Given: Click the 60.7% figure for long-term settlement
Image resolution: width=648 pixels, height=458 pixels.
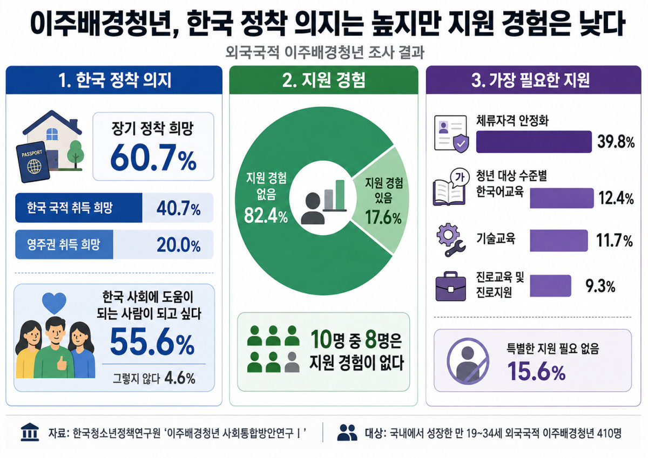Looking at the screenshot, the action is tap(153, 158).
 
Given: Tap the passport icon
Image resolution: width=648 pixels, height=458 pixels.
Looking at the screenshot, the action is tap(33, 162).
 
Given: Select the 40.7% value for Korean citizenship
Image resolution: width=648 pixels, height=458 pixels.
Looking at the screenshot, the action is tap(179, 208).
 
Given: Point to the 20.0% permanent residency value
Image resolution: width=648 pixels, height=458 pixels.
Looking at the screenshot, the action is tap(179, 245).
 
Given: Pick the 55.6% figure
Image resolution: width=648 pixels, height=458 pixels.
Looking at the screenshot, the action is tap(152, 343).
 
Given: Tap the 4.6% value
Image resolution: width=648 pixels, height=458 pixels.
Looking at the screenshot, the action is tap(180, 378).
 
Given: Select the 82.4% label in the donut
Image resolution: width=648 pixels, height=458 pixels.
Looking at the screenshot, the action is tap(266, 216).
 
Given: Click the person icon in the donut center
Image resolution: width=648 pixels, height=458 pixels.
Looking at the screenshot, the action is tap(313, 208).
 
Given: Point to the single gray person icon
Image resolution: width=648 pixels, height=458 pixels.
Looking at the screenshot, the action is tap(292, 362).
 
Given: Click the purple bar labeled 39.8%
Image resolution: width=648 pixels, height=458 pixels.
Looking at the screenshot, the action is tap(534, 141).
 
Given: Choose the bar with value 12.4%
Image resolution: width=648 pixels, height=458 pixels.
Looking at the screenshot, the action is tap(562, 198).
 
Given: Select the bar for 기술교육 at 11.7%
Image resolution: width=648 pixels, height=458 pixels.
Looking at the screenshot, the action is tap(559, 241).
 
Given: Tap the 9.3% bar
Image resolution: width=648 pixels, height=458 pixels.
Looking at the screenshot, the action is tap(550, 285).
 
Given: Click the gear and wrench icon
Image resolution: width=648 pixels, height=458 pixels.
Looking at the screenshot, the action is tap(450, 240).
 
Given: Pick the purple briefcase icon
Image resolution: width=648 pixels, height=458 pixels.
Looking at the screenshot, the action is tap(451, 286).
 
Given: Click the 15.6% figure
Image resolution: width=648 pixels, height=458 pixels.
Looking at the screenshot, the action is tap(537, 372).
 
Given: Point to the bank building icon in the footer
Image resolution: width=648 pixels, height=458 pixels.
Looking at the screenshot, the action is tap(30, 432).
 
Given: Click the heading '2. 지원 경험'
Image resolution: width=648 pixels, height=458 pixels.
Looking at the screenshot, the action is tap(323, 80).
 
